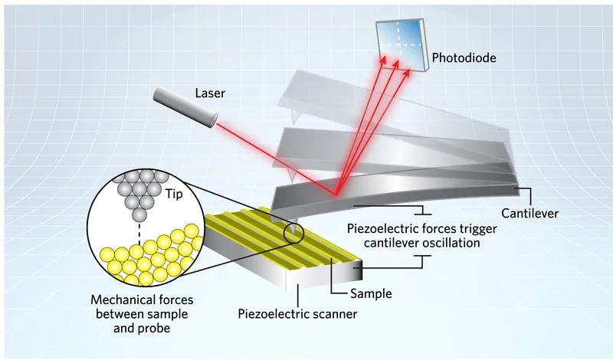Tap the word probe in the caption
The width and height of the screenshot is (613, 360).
tap(153, 327)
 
